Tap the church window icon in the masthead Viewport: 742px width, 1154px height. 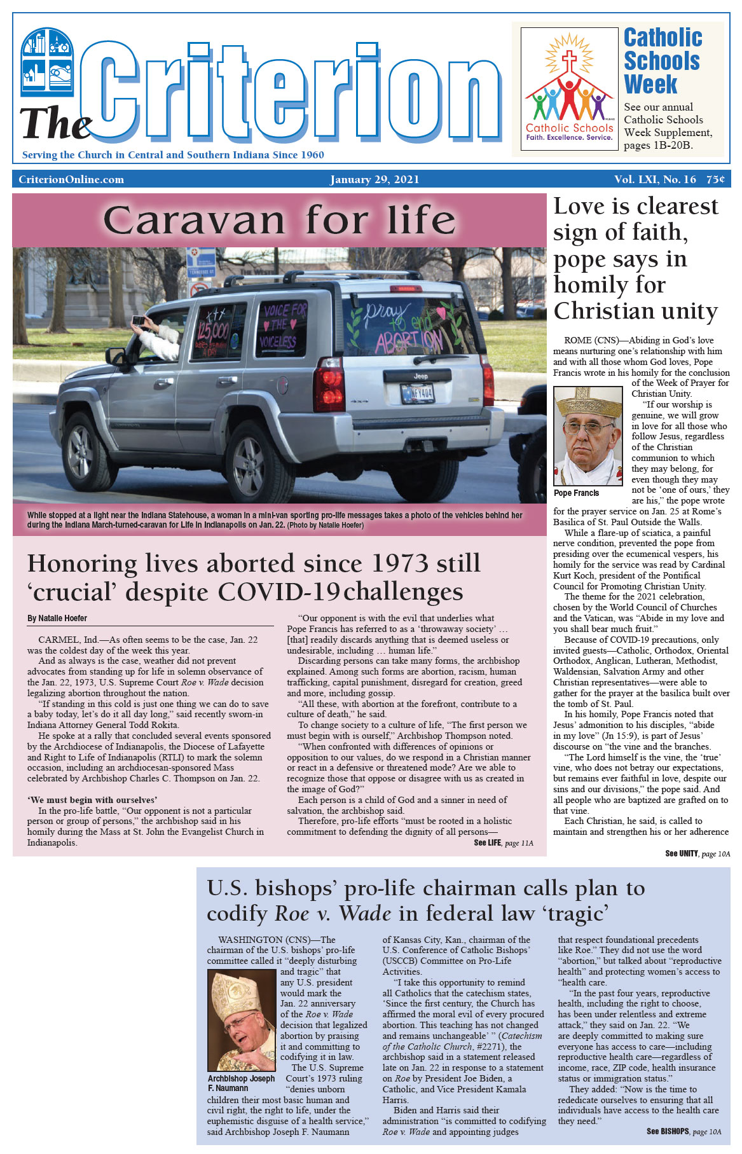click(x=46, y=62)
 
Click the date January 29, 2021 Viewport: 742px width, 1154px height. click(x=374, y=179)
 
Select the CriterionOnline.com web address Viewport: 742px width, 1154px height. click(x=71, y=179)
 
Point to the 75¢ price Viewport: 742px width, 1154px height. click(x=715, y=179)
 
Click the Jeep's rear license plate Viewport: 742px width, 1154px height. click(x=416, y=394)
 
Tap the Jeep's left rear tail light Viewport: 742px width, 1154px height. click(x=329, y=384)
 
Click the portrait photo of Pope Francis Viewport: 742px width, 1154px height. click(x=587, y=436)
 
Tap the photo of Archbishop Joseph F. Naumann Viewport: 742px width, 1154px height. click(x=242, y=1020)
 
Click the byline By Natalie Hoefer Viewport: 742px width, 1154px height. click(x=57, y=618)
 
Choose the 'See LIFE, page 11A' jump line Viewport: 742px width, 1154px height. click(x=504, y=843)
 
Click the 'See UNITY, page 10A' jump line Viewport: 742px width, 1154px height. click(x=697, y=853)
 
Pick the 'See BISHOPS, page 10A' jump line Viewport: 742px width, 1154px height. click(x=684, y=1131)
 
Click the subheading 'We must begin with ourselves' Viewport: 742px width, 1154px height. click(x=92, y=800)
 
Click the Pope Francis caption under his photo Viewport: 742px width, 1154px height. click(x=576, y=493)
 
